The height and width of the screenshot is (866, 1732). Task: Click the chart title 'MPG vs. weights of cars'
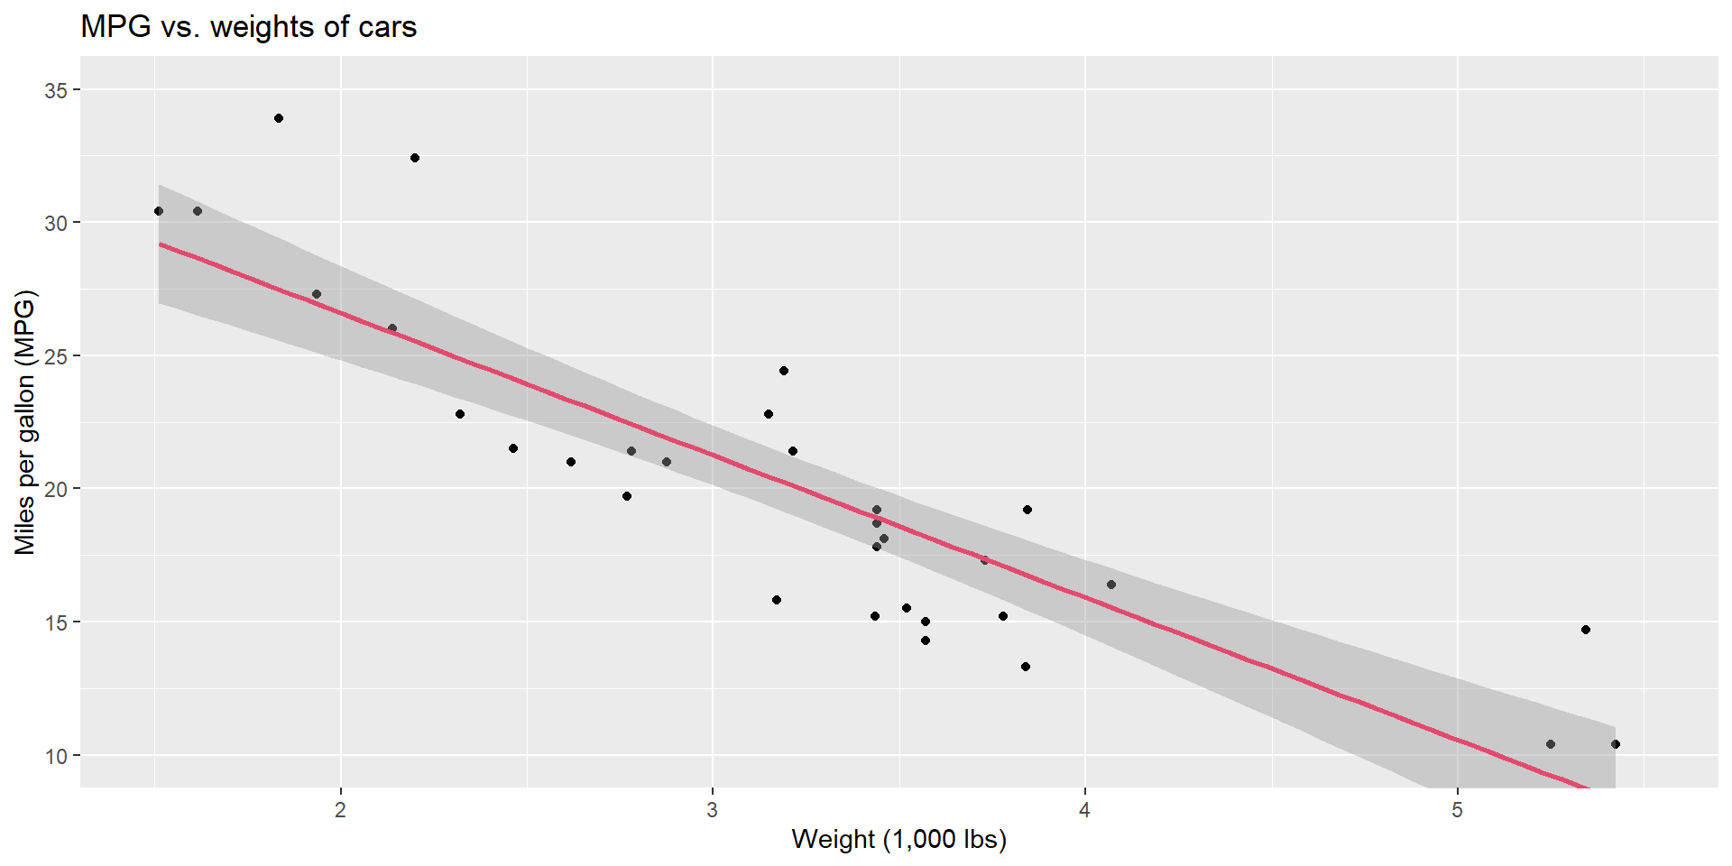pos(248,27)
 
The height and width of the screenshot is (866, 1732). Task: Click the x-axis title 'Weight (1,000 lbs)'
pos(898,839)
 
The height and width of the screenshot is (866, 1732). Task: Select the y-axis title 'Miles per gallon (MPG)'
pos(24,422)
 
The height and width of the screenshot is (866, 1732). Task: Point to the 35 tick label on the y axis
pos(56,90)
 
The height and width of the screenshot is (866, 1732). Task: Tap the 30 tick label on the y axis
pos(56,223)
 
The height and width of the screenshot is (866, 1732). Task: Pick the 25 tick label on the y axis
pos(56,356)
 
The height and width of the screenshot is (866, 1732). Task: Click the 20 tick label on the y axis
pos(56,489)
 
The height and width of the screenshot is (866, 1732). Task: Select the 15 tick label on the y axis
pos(56,622)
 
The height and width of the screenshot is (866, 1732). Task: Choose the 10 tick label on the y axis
pos(56,756)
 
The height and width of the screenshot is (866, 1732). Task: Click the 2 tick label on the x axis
pos(340,809)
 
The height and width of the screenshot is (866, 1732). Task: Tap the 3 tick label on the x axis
pos(713,809)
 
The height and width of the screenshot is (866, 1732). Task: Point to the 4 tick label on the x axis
pos(1084,809)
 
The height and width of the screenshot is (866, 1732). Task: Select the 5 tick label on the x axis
pos(1457,809)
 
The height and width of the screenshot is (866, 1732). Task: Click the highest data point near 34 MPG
pos(279,118)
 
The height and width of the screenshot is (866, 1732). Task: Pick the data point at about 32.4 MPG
pos(415,158)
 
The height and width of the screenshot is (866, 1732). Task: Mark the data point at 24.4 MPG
pos(784,371)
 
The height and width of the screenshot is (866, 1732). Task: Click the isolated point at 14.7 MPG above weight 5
pos(1586,630)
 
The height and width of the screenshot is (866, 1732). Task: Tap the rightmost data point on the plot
pos(1616,744)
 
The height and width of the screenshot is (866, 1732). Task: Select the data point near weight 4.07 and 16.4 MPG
pos(1111,585)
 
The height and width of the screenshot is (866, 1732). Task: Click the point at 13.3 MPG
pos(1026,667)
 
